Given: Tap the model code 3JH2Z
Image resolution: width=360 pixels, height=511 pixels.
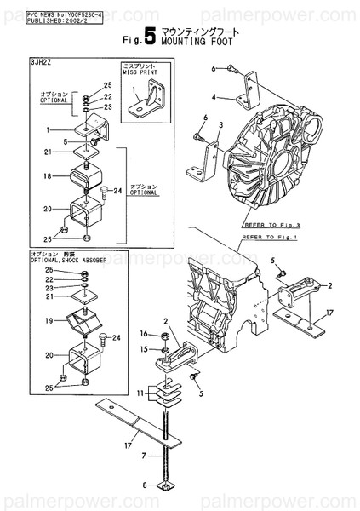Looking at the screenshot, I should tap(41, 64).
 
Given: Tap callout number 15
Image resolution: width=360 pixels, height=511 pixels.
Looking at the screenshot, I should tap(145, 349).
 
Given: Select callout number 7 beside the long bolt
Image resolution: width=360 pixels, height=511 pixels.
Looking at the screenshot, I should tap(146, 456).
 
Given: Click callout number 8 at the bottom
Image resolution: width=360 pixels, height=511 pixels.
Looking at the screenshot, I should tap(146, 485).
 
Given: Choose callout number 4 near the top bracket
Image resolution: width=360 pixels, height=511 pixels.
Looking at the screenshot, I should tap(214, 97).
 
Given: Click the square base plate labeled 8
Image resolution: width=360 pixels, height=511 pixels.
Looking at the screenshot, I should tap(163, 486).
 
